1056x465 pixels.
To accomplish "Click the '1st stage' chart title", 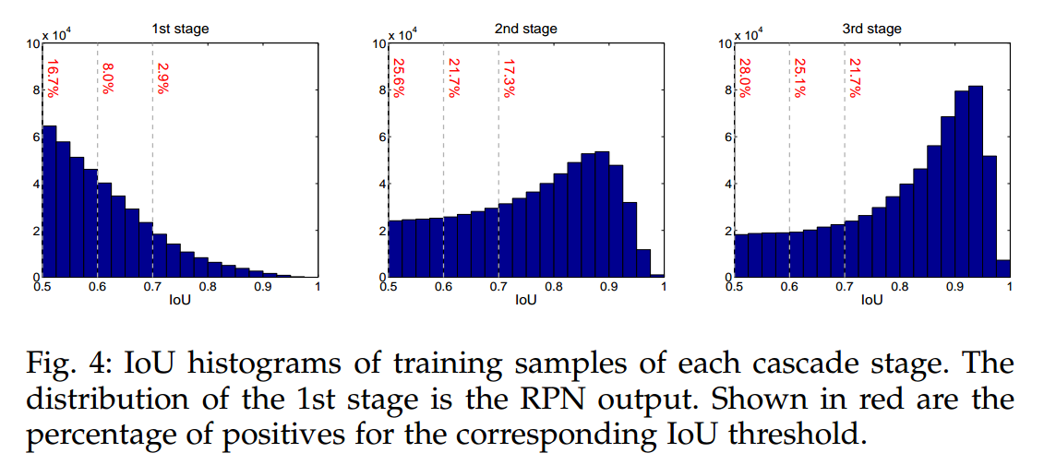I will click(180, 29).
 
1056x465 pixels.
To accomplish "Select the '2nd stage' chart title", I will click(525, 29).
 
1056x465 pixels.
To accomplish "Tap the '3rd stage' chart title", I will click(871, 29).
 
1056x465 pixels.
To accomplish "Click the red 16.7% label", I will click(53, 78).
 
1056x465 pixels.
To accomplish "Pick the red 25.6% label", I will click(399, 78).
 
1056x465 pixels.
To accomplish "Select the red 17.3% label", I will click(509, 78).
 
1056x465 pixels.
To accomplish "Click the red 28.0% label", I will click(745, 78).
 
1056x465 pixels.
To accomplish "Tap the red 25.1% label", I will click(799, 78).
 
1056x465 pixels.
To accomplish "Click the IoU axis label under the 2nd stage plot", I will click(525, 300).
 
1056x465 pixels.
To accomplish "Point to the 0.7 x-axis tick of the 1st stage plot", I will click(152, 286).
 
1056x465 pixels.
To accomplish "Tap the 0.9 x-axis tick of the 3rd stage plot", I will click(954, 286).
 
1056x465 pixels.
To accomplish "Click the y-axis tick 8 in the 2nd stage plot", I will click(379, 90).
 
